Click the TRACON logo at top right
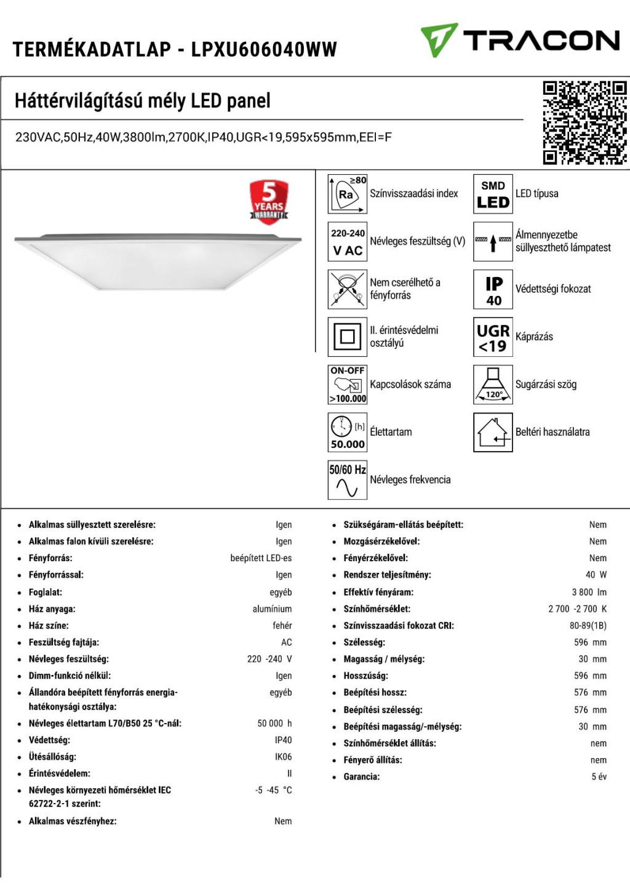[x=520, y=41]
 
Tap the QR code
[x=584, y=122]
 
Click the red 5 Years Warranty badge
[x=269, y=201]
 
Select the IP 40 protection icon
[x=493, y=289]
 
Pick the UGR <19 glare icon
[x=493, y=337]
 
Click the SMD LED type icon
[x=493, y=194]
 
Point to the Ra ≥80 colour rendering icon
[x=348, y=194]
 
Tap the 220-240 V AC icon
[x=348, y=242]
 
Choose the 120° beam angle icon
[x=493, y=385]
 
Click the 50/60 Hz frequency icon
[x=348, y=480]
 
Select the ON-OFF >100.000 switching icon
[x=348, y=385]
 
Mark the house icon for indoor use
[x=493, y=433]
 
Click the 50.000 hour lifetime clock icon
[x=348, y=433]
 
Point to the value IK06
[x=283, y=757]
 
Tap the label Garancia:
[x=362, y=777]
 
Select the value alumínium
[x=272, y=609]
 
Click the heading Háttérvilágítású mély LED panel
[x=143, y=100]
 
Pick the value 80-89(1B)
[x=588, y=625]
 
